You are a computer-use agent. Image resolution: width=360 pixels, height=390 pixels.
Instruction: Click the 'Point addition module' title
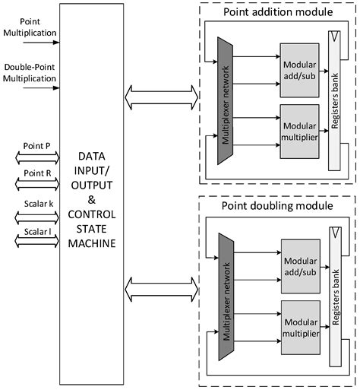(277, 12)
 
